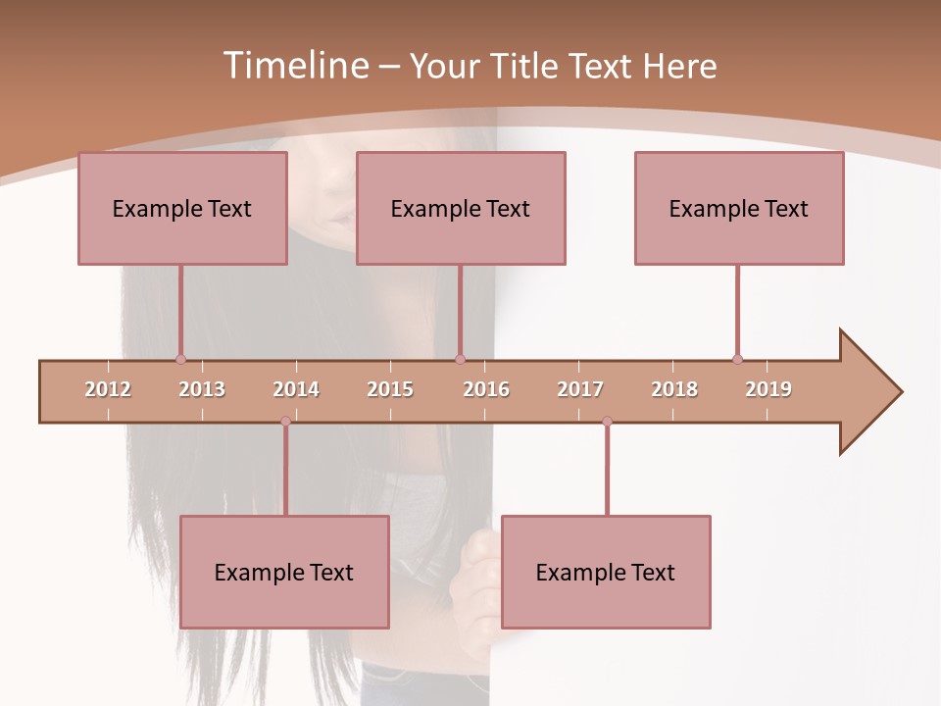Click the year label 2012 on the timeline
[108, 389]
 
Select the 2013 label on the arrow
[202, 389]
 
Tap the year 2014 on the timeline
[296, 389]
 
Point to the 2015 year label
[390, 389]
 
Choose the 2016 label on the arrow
[486, 389]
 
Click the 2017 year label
[580, 389]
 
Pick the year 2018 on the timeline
[674, 389]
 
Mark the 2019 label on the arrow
[768, 389]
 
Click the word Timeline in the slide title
[293, 66]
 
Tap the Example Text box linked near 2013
[182, 208]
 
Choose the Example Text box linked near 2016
[461, 208]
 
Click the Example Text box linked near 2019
[739, 208]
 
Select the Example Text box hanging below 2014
[284, 572]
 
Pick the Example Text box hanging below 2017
[606, 572]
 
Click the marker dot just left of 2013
[180, 360]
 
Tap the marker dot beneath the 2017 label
[607, 422]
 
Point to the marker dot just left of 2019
[737, 360]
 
